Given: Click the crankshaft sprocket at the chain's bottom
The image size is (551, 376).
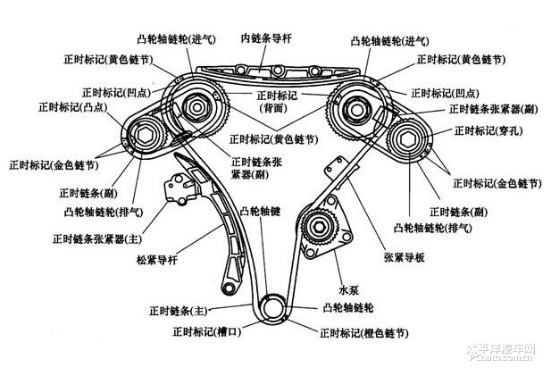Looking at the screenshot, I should pos(271,308).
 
